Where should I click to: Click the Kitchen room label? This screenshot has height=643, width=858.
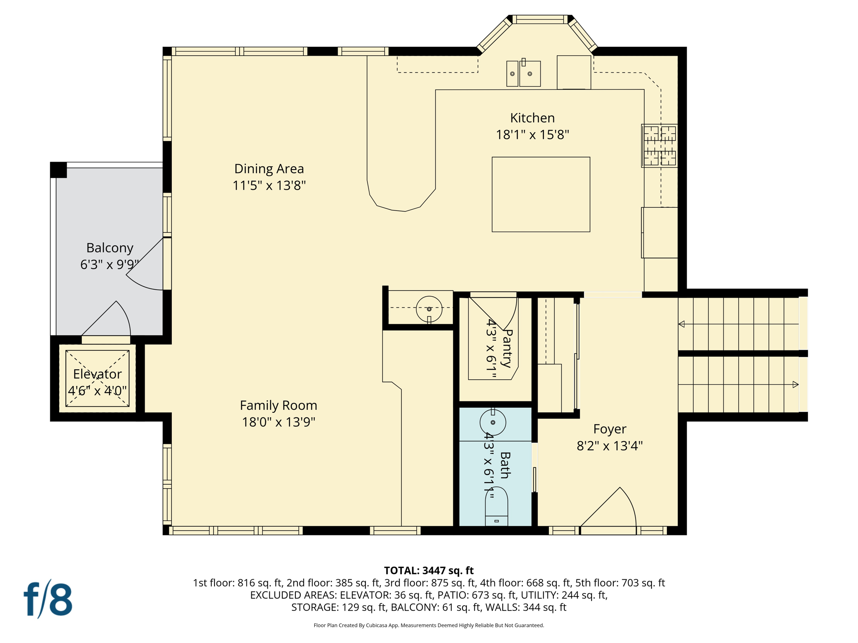pos(532,118)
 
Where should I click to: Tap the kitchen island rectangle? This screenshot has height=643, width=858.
pos(540,194)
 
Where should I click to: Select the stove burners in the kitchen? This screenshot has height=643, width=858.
pos(659,146)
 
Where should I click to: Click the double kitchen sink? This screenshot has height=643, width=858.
pos(523,74)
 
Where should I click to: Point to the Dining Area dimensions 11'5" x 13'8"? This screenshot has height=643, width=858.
pos(269,185)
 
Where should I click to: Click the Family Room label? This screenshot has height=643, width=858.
pos(278,405)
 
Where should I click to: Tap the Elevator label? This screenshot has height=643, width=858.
pos(97,374)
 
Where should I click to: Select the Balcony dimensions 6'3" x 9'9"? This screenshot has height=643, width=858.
pos(109,265)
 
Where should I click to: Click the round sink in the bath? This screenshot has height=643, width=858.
pos(493,422)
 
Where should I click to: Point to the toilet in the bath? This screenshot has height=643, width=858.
pos(496,507)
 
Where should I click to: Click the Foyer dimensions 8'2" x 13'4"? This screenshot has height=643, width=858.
pos(610,446)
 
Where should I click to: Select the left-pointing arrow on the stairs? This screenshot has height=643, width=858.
pos(682,324)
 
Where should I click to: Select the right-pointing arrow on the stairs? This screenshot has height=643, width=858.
pos(795,384)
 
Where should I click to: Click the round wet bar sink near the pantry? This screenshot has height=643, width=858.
pos(429,309)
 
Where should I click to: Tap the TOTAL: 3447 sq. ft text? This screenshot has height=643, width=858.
pos(429,571)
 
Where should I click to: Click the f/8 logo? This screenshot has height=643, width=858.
pos(48,599)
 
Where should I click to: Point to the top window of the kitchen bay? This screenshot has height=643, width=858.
pos(540,19)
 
